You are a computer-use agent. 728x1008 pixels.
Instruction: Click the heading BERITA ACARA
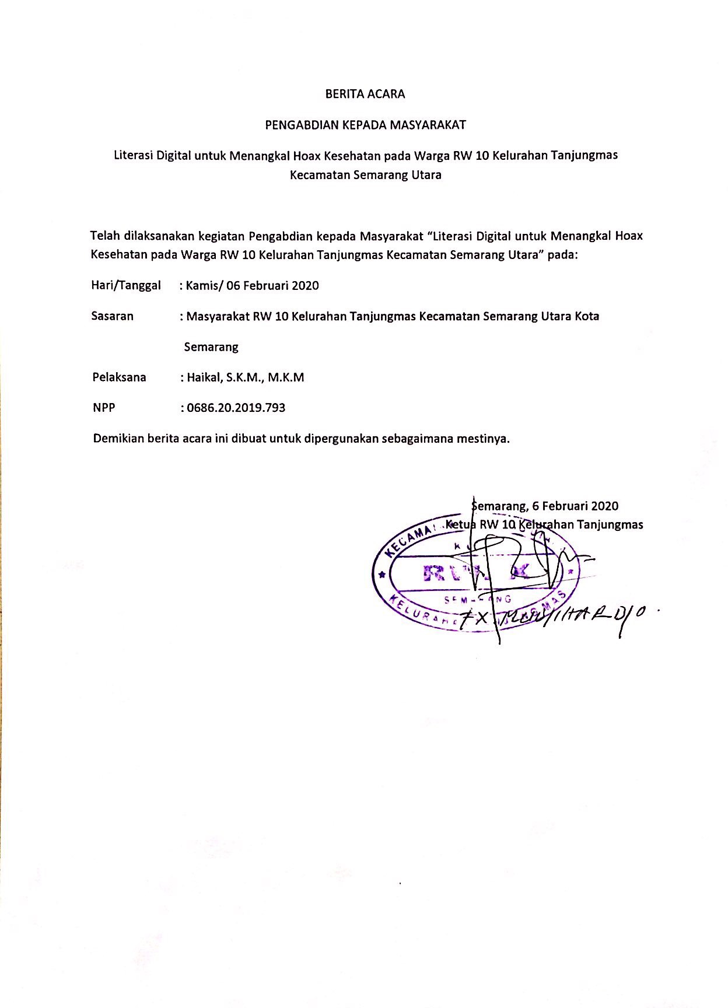click(365, 94)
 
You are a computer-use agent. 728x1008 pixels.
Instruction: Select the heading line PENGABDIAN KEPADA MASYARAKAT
click(365, 125)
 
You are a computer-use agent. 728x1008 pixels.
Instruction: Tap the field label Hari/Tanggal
click(126, 285)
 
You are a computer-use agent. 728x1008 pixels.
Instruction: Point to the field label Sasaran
click(113, 316)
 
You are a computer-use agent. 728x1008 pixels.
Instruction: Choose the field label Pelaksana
click(119, 377)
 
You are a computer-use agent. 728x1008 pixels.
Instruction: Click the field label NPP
click(104, 408)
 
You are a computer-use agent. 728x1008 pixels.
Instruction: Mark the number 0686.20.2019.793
click(236, 408)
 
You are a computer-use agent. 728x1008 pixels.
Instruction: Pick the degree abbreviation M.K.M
click(286, 377)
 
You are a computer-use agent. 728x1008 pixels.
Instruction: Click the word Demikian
click(118, 439)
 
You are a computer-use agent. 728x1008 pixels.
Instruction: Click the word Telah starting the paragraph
click(105, 236)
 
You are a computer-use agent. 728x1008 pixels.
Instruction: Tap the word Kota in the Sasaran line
click(587, 316)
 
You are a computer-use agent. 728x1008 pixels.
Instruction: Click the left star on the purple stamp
click(383, 575)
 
